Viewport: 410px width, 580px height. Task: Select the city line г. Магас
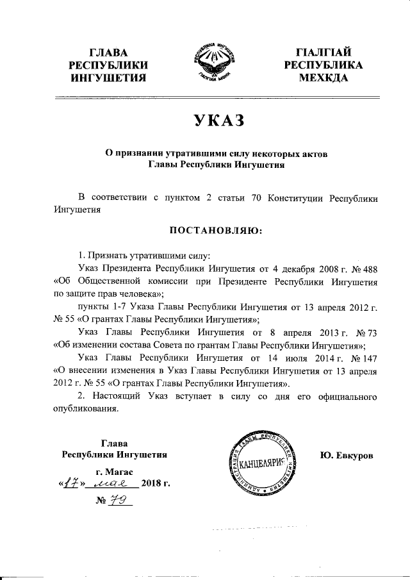(x=114, y=472)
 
